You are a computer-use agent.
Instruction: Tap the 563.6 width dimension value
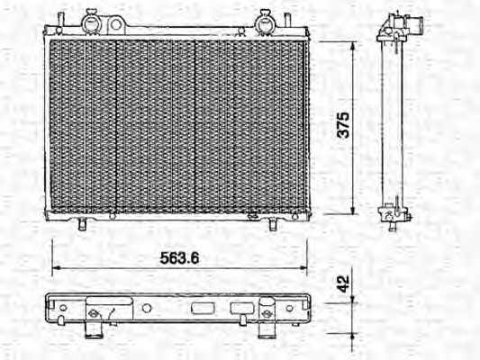(179, 256)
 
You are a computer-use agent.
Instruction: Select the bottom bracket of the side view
(391, 216)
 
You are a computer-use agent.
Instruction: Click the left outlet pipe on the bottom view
(95, 331)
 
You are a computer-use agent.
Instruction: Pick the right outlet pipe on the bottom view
(267, 330)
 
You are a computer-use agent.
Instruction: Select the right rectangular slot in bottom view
(240, 308)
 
